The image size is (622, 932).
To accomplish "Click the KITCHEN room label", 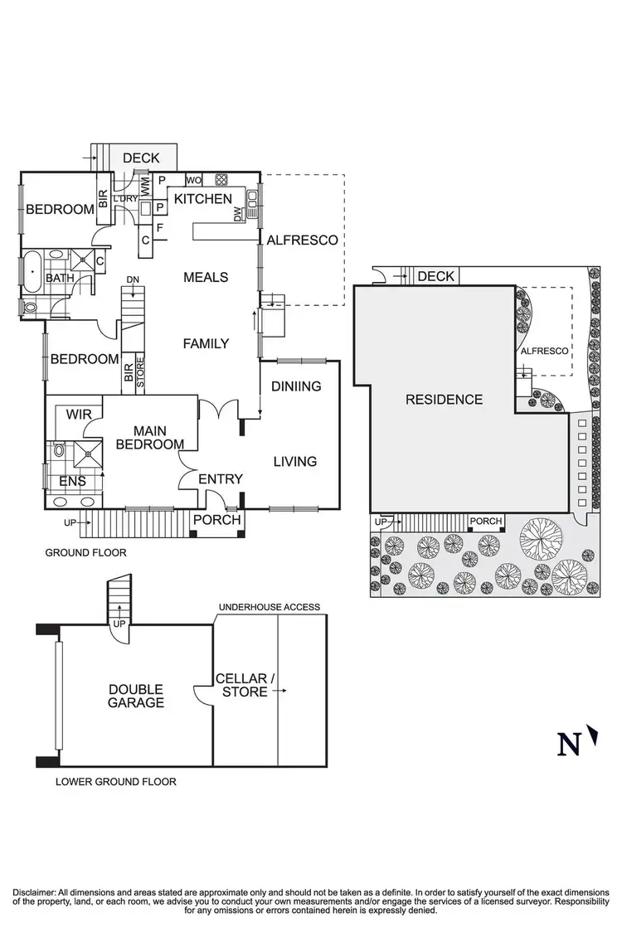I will coord(202,199).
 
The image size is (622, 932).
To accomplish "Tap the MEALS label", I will coord(206,277).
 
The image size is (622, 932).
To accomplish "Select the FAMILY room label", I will coord(206,343).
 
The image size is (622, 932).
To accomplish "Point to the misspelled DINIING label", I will coord(296,386).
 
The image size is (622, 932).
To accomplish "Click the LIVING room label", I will coord(295,461).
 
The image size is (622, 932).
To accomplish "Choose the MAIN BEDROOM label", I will coord(149,437).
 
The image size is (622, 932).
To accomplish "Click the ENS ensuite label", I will coord(71,481).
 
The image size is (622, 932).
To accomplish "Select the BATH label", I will coord(59,278).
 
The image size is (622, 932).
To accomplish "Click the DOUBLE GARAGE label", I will coord(135,696).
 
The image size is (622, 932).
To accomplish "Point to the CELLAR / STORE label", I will coord(241,685).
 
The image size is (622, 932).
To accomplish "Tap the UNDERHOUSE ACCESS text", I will coord(269,607).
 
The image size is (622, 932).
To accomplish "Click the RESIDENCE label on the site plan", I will coord(444,400).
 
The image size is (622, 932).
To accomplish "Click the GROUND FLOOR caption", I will coord(85,551).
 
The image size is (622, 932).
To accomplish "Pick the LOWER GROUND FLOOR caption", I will coord(115,781).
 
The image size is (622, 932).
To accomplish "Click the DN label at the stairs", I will coord(133,279).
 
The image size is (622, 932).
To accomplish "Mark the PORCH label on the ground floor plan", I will coord(216,520).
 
